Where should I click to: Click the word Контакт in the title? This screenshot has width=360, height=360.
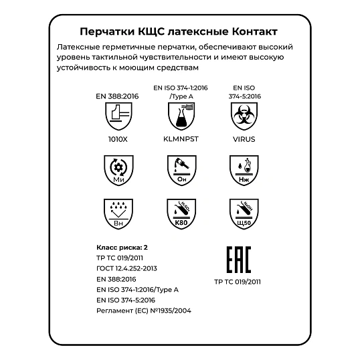(x=248, y=31)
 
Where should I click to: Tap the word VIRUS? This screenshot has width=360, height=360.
(x=244, y=141)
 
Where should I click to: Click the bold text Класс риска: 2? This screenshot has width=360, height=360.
(x=122, y=247)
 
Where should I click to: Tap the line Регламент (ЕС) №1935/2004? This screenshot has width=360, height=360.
(x=144, y=310)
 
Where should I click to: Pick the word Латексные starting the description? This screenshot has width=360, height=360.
(x=79, y=48)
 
